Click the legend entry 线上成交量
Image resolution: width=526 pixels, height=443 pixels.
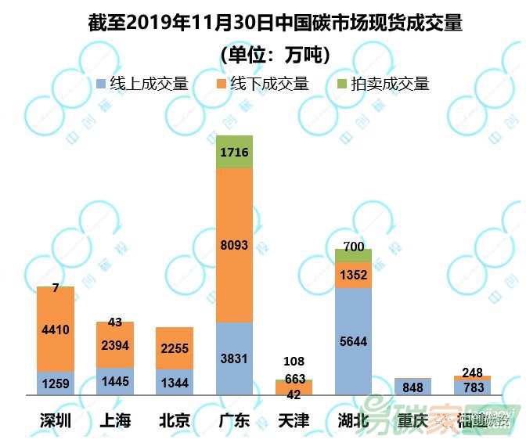tap(141, 83)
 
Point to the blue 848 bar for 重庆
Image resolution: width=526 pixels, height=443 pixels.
tap(413, 387)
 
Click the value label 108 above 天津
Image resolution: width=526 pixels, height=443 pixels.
tap(294, 361)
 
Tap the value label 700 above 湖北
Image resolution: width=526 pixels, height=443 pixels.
tap(354, 247)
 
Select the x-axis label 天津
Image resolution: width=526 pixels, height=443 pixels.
tap(294, 421)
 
